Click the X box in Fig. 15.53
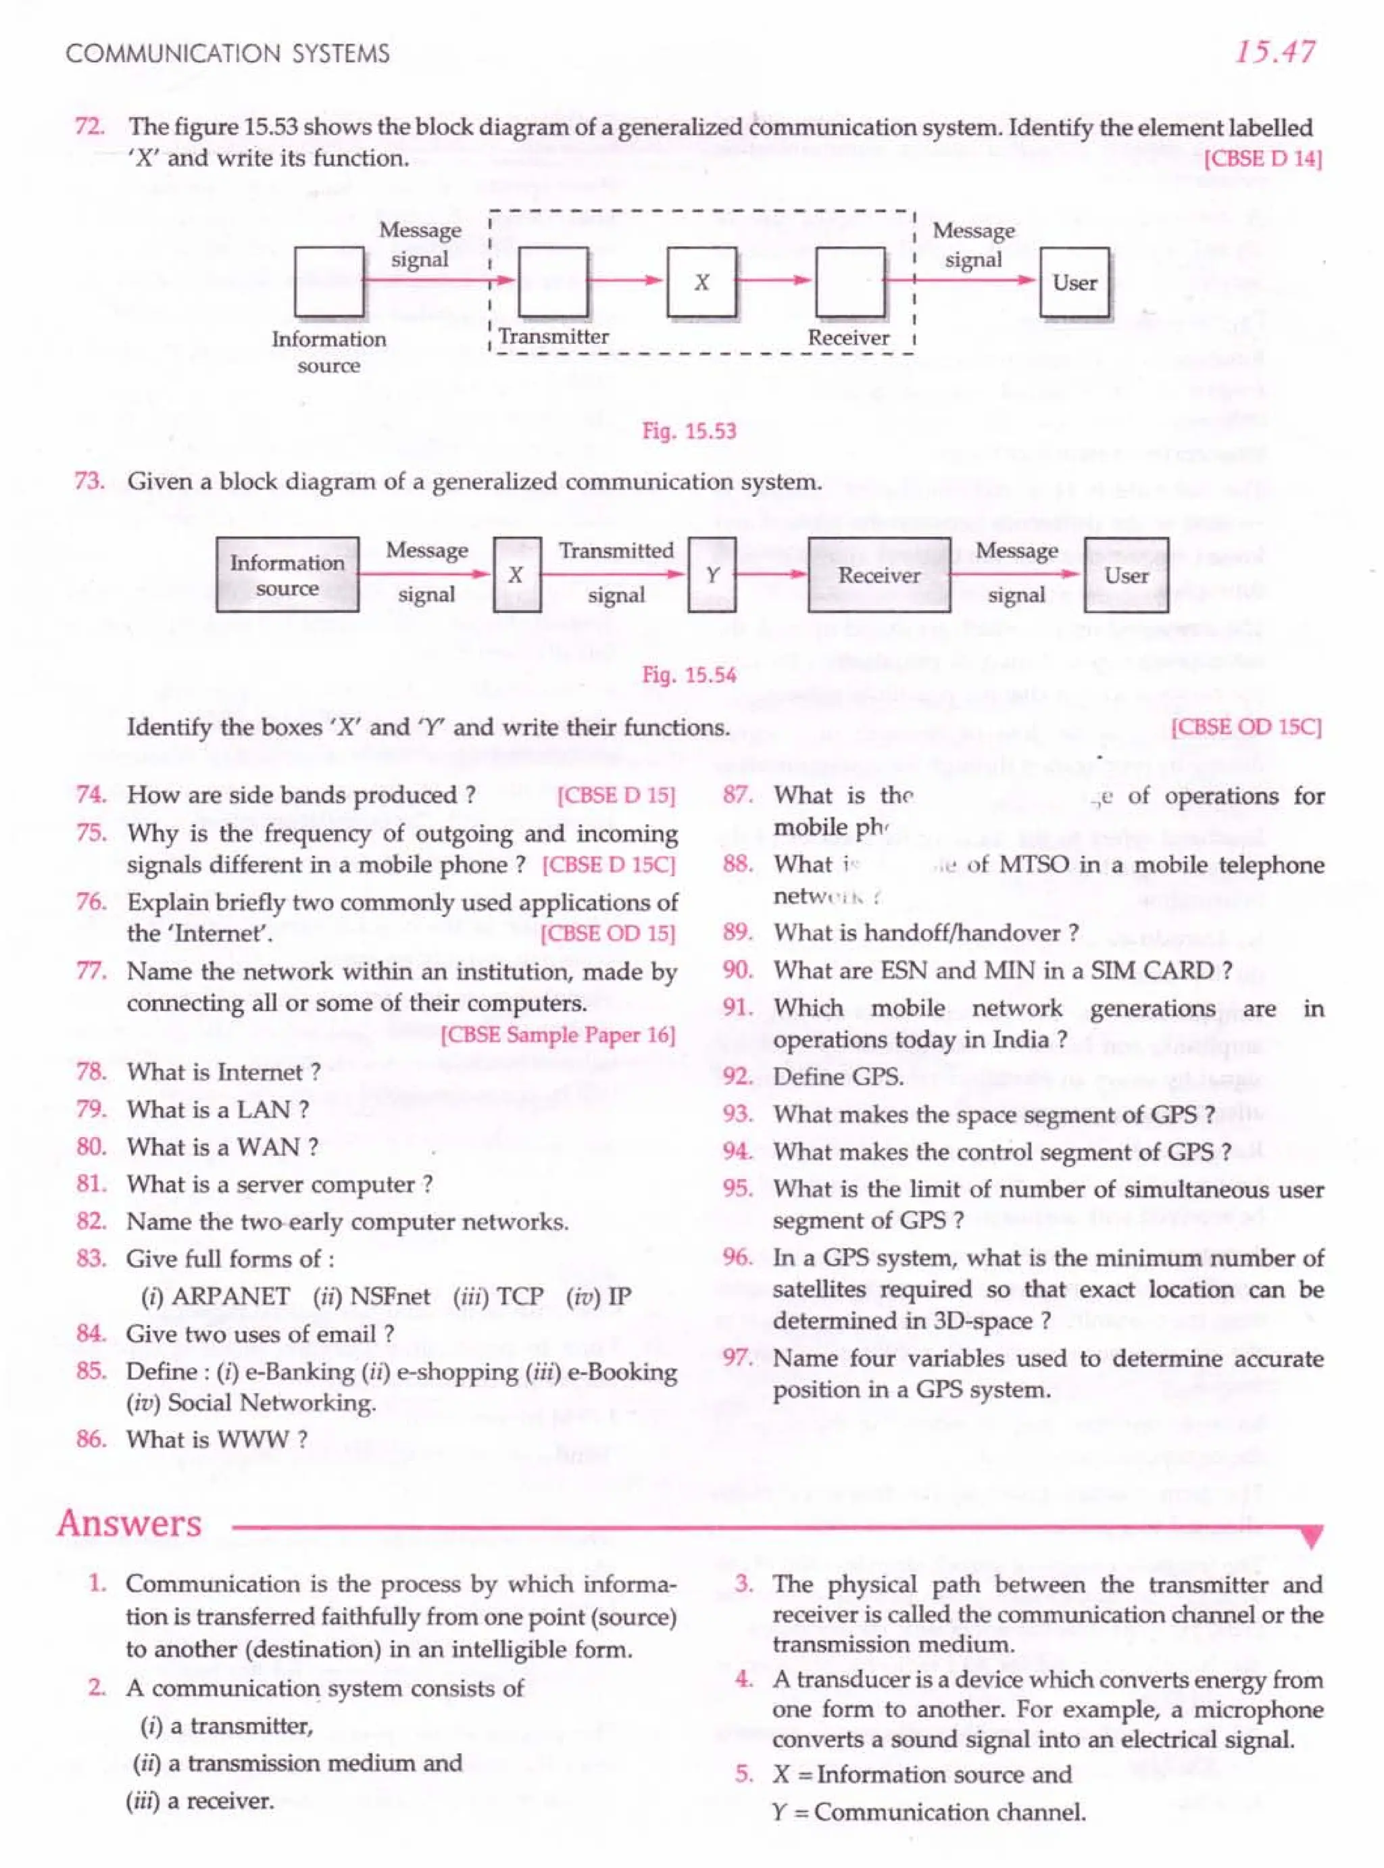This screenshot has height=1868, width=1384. (701, 282)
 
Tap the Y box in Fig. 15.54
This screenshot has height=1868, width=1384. (712, 574)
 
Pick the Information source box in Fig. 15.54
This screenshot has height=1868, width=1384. (287, 574)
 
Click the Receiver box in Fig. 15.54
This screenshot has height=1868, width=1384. (879, 574)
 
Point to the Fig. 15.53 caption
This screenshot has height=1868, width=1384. (689, 431)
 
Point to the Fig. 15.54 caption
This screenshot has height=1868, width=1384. (689, 674)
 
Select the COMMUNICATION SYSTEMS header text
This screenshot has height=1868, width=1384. (228, 53)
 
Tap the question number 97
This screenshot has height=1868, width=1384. (737, 1358)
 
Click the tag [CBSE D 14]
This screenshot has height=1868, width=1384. (1262, 158)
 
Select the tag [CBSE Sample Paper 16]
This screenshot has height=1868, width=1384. (558, 1035)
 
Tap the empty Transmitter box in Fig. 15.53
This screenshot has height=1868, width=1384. (553, 282)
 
